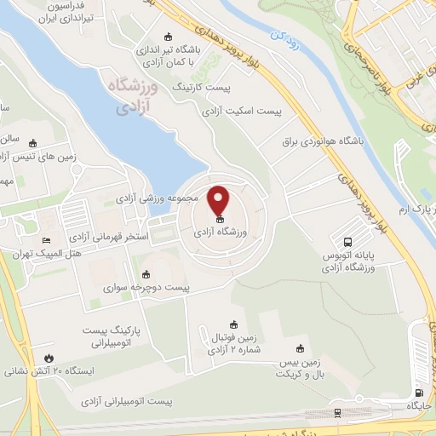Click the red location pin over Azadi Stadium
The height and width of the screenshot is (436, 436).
(x=220, y=201)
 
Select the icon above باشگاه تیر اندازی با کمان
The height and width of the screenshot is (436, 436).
(x=168, y=37)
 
